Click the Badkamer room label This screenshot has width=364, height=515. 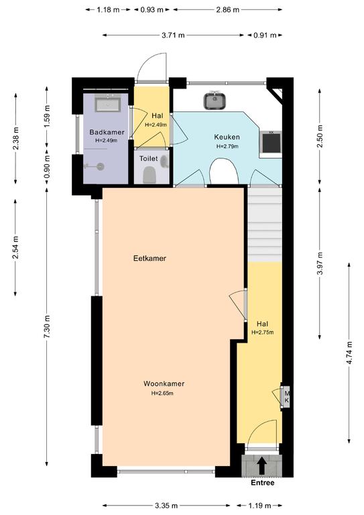[x=107, y=132]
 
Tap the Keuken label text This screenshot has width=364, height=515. [x=227, y=137]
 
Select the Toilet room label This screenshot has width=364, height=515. [x=148, y=159]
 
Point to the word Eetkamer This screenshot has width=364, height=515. [x=149, y=258]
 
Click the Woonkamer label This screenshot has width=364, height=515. [x=164, y=384]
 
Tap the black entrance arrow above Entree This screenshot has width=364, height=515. [x=261, y=466]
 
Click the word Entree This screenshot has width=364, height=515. [x=262, y=483]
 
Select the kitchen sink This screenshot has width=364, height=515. [x=215, y=100]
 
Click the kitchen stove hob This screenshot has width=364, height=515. [x=271, y=144]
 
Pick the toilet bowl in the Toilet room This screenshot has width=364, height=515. [x=149, y=174]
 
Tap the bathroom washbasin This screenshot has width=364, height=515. [x=107, y=103]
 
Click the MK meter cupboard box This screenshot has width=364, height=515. [x=286, y=396]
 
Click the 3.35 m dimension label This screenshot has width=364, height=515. [x=166, y=505]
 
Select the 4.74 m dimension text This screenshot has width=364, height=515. [x=349, y=353]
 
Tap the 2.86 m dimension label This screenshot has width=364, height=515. [x=227, y=10]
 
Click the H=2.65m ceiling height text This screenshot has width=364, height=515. [x=162, y=393]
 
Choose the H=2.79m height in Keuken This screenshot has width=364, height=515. [x=227, y=146]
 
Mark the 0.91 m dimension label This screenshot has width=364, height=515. [x=265, y=35]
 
